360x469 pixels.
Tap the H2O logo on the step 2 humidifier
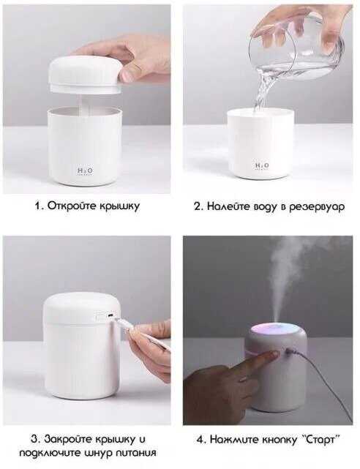pyautogui.click(x=262, y=165)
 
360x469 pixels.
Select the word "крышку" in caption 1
pyautogui.click(x=119, y=206)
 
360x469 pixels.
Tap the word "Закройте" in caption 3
pyautogui.click(x=69, y=440)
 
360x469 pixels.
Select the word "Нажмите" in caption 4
pyautogui.click(x=234, y=440)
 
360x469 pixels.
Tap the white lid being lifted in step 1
pyautogui.click(x=86, y=73)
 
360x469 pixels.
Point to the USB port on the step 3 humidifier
pyautogui.click(x=110, y=316)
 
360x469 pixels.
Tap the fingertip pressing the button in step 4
pyautogui.click(x=274, y=355)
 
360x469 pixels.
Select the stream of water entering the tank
pyautogui.click(x=260, y=94)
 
